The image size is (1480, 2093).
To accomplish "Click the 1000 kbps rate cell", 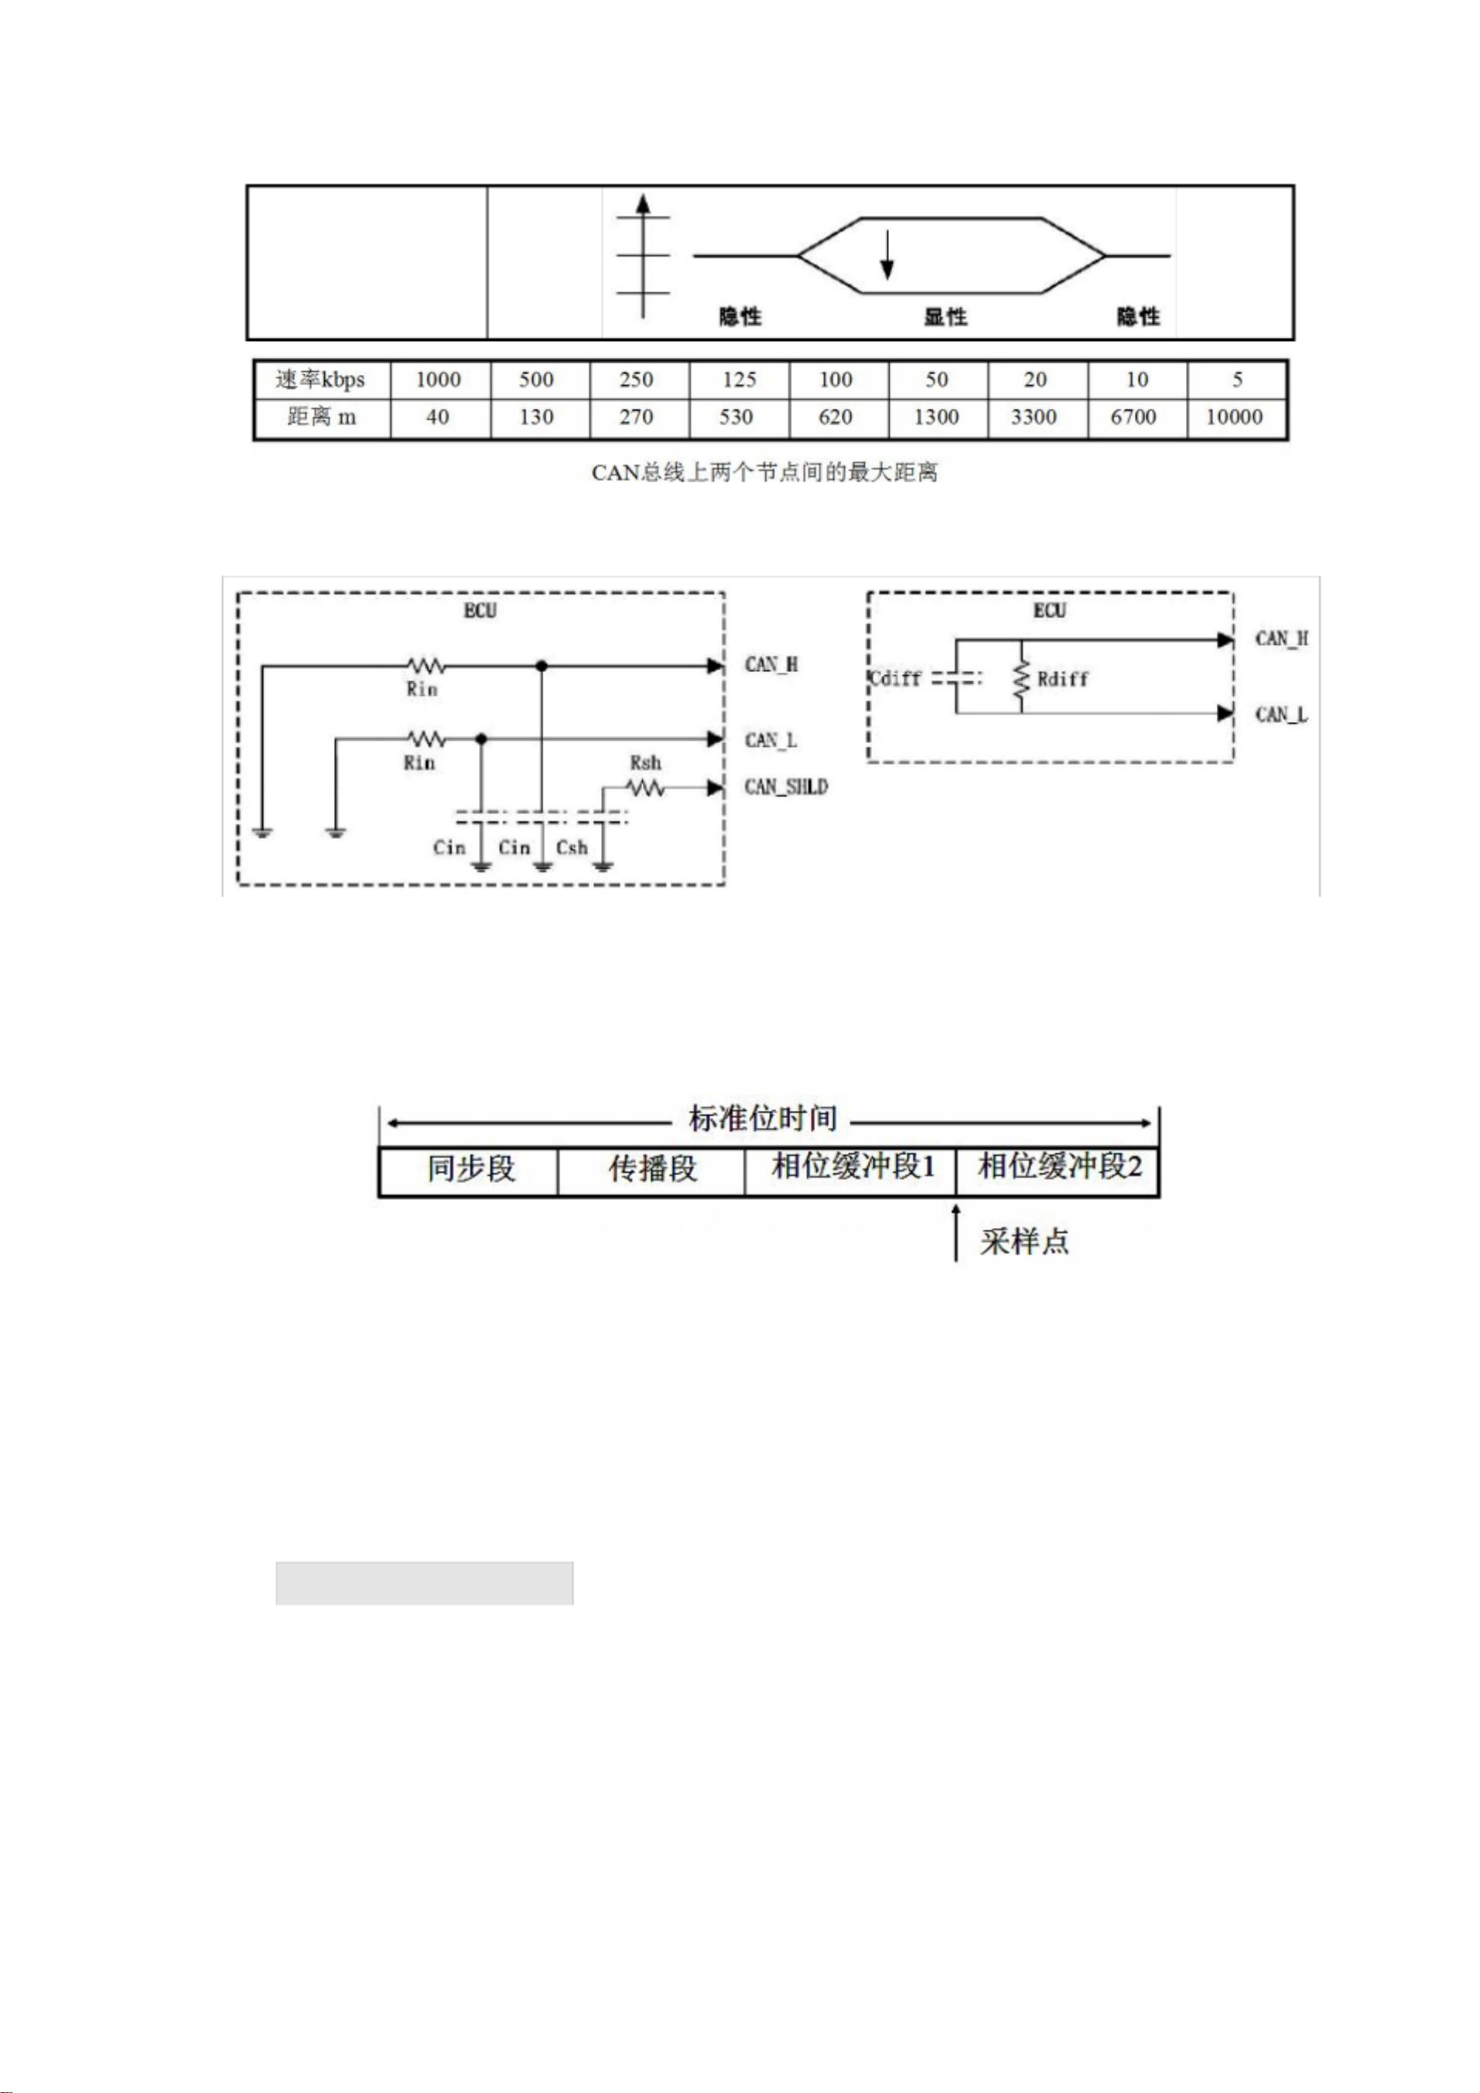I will point(438,379).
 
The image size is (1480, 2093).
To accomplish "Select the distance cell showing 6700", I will point(1133,418).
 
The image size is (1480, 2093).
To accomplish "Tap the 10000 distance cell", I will point(1234,418).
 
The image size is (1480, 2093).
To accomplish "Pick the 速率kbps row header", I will point(321,379).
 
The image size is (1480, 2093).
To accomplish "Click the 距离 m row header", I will point(321,418).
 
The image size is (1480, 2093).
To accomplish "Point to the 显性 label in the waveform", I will point(945,317).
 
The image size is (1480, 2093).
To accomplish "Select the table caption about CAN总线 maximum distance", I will point(764,473).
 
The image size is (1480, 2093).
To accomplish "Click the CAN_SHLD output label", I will point(786,786).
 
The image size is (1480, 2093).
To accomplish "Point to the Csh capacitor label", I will point(572,847).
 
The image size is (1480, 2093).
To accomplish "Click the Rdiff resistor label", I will point(1062,679).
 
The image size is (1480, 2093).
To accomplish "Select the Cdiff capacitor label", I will point(895,678).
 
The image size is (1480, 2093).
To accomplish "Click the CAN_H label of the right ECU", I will point(1281,638).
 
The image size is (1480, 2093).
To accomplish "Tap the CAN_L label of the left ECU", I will point(771,739).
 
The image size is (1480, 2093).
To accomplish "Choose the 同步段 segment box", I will point(470,1170).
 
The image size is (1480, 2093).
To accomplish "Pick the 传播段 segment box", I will point(652,1170).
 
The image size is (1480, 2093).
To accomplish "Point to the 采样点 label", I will point(1023,1242).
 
